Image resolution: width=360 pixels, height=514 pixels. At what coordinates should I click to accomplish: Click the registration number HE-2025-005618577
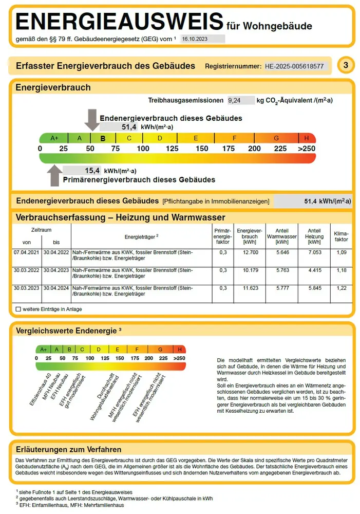coord(294,66)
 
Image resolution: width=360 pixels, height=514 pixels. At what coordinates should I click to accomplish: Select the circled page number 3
coord(346,65)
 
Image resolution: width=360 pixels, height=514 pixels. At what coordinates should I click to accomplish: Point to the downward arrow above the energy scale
coord(92,119)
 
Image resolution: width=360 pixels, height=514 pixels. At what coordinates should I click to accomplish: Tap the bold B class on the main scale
coord(103,138)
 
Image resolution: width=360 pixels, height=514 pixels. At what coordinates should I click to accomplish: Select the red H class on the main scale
coord(307,138)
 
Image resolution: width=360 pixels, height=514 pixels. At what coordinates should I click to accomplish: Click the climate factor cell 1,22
coord(341,288)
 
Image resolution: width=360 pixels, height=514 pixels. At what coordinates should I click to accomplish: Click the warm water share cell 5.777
coord(281,288)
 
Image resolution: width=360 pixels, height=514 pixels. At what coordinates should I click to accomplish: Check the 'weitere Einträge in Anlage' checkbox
coord(18,309)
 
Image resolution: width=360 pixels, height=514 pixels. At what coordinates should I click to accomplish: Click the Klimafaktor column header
coord(341,236)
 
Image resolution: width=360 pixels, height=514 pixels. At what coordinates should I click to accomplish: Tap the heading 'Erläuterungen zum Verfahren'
coord(69,449)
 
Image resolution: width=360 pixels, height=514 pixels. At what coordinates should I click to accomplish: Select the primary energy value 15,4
coord(92,170)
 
